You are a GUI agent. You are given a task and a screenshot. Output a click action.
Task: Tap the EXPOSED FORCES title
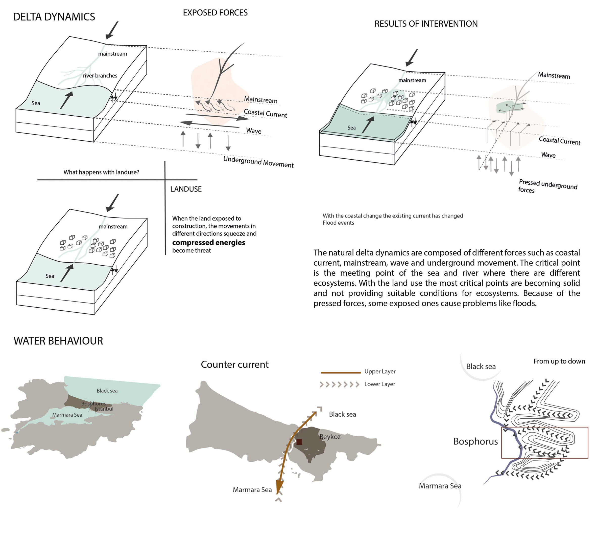click(x=215, y=13)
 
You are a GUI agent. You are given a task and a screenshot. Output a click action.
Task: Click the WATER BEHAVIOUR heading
click(x=58, y=341)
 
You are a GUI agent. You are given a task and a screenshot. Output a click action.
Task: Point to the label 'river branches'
click(x=100, y=76)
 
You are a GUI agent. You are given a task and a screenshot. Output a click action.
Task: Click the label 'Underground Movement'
click(x=258, y=162)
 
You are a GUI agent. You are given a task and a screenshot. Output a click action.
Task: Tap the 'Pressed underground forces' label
click(x=547, y=186)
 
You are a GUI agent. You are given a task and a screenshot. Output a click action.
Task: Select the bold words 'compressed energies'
click(x=208, y=243)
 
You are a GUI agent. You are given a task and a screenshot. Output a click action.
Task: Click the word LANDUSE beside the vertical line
click(x=186, y=189)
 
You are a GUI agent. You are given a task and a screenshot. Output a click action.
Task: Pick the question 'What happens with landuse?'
click(x=101, y=172)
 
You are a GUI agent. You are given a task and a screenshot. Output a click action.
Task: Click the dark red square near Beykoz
click(x=299, y=442)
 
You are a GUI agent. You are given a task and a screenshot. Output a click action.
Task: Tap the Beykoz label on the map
click(x=330, y=437)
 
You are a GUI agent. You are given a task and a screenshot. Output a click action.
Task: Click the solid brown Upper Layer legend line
click(x=341, y=373)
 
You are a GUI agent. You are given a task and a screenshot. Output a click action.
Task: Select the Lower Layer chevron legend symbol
click(x=339, y=384)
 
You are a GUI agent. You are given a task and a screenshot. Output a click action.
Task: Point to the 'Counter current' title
click(x=234, y=365)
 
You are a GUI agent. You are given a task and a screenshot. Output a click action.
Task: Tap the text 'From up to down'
click(x=559, y=361)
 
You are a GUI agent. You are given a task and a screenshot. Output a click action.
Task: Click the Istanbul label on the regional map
click(x=104, y=409)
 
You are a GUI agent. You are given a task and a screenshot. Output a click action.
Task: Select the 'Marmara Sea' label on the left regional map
click(x=67, y=415)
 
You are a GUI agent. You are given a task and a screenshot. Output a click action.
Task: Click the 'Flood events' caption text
click(x=338, y=223)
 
